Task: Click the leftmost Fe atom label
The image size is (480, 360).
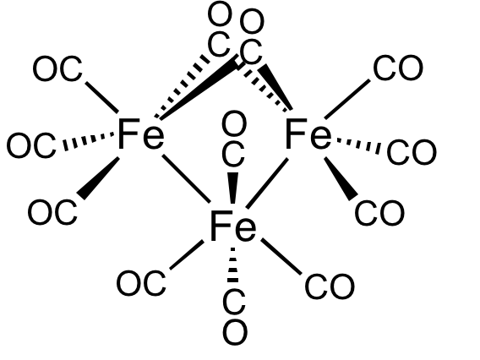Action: pyautogui.click(x=141, y=134)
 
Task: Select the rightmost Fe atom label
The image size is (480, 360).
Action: pyautogui.click(x=308, y=134)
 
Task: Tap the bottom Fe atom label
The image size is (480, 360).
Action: pyautogui.click(x=233, y=226)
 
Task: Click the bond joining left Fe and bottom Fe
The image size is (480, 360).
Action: pyautogui.click(x=186, y=179)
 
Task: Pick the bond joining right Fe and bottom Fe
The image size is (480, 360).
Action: pyautogui.click(x=267, y=183)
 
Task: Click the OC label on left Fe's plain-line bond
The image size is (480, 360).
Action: pyautogui.click(x=57, y=68)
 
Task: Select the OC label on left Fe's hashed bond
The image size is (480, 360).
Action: pyautogui.click(x=31, y=145)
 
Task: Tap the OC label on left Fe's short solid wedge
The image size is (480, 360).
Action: pyautogui.click(x=52, y=212)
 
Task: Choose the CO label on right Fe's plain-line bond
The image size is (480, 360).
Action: pyautogui.click(x=398, y=68)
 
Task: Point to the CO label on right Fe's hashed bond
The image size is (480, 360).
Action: pyautogui.click(x=412, y=152)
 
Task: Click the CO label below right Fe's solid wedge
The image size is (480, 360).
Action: pyautogui.click(x=379, y=213)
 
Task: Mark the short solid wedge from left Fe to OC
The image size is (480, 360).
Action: pyautogui.click(x=98, y=178)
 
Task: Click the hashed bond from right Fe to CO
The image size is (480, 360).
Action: pyautogui.click(x=358, y=145)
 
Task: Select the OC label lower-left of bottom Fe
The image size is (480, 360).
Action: pyautogui.click(x=141, y=282)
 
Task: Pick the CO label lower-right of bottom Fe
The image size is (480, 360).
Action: pyautogui.click(x=330, y=286)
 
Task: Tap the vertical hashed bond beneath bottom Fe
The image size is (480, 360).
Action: pyautogui.click(x=233, y=265)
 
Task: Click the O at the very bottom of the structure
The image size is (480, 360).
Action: pyautogui.click(x=235, y=332)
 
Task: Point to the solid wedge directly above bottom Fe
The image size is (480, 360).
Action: pyautogui.click(x=233, y=188)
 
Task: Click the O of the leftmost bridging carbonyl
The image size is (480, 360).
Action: pyautogui.click(x=220, y=14)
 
